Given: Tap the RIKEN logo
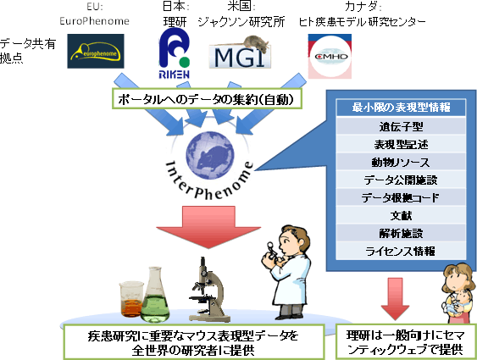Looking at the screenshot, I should click(177, 51).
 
